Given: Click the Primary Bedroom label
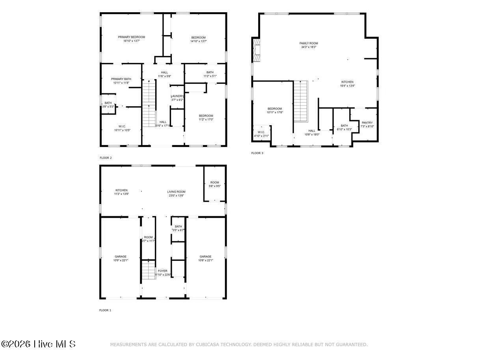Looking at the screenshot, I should [131, 37].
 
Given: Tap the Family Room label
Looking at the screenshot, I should [309, 43].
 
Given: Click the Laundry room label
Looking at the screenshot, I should [177, 96].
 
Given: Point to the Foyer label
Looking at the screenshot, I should [162, 271].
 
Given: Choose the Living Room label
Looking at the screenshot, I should [176, 192].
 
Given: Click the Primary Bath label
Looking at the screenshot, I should [121, 79].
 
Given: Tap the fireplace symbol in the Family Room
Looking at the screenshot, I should [257, 50].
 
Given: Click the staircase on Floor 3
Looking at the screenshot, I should [301, 101].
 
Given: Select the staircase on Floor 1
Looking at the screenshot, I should [149, 270].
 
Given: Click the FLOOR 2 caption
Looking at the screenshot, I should [106, 158].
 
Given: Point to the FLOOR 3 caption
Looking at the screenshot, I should [257, 153].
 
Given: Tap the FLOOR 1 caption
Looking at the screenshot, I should [105, 310].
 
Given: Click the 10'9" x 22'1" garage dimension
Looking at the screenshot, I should [121, 260].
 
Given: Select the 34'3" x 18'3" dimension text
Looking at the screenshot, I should [309, 47].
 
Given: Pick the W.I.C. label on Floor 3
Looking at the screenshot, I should [261, 132].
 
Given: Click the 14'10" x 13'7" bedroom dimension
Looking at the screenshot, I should [199, 41].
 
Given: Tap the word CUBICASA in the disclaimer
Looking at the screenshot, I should [210, 345].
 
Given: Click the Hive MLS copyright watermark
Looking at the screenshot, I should [38, 344].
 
